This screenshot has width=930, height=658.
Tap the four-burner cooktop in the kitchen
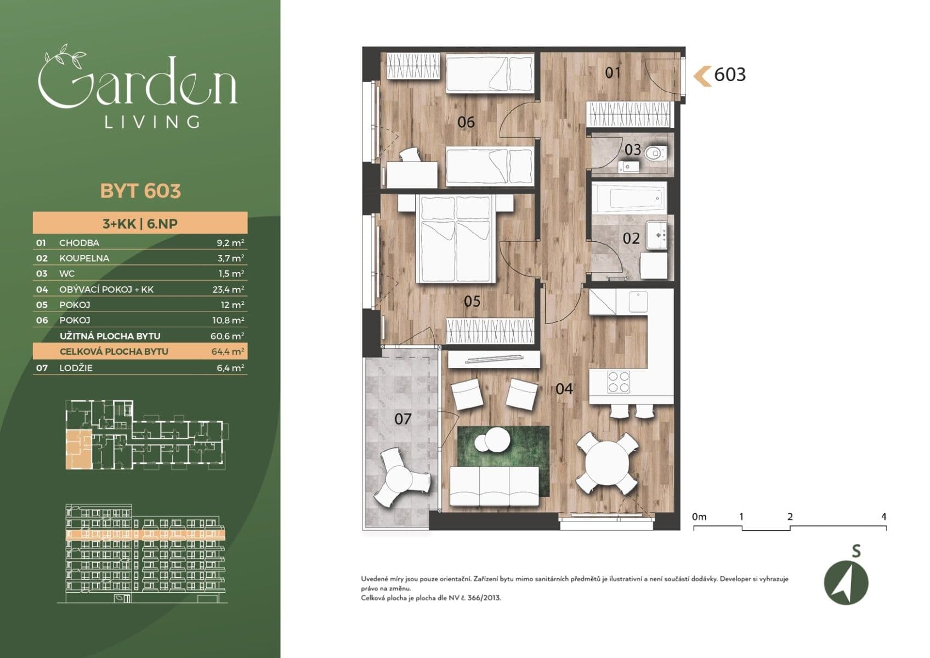pos(619,382)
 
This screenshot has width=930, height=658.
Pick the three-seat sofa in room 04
pos(495,486)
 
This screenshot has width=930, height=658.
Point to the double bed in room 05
pos(456,240)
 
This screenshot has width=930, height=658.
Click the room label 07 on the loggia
pos(402,419)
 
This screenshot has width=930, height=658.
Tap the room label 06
pos(466,122)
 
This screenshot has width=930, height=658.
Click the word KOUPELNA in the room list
pos(84,258)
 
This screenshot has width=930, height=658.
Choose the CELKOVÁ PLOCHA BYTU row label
pos(114,351)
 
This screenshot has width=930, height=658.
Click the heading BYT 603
pos(140,191)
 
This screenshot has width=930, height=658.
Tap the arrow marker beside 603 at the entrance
pos(702,75)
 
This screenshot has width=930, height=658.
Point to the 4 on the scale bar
pos(883,517)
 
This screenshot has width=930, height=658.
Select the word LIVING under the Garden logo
pos(152,122)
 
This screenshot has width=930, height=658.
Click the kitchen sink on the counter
pos(638,301)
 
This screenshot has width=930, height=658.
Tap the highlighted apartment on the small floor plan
pos(78,449)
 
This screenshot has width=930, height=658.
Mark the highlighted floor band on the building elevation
pos(145,533)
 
